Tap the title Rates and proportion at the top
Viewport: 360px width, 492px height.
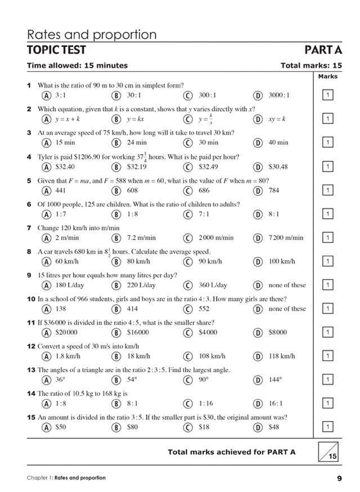pyautogui.click(x=92, y=35)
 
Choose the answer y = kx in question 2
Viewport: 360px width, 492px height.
pyautogui.click(x=136, y=119)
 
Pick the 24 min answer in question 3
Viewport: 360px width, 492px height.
pyautogui.click(x=137, y=143)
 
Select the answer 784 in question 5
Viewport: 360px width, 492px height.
pyautogui.click(x=274, y=191)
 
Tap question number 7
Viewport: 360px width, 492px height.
pyautogui.click(x=29, y=228)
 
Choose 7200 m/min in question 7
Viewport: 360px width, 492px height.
pyautogui.click(x=286, y=238)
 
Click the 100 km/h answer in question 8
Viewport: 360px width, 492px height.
pyautogui.click(x=281, y=261)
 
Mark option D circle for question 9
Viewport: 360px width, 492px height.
pyautogui.click(x=258, y=285)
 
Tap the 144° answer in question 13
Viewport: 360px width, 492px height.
pyautogui.click(x=276, y=380)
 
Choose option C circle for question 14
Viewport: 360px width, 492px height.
pyautogui.click(x=188, y=403)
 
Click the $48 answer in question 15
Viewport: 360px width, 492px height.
pyautogui.click(x=274, y=427)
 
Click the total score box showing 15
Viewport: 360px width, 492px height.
pyautogui.click(x=327, y=452)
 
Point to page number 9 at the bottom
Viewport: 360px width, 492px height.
pyautogui.click(x=339, y=479)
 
